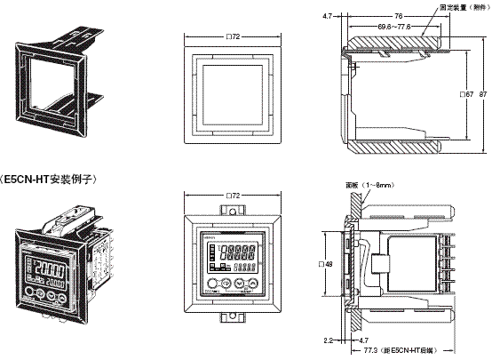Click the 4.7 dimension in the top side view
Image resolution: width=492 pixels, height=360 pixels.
(329, 14)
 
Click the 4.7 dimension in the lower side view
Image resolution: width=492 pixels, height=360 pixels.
(363, 339)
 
